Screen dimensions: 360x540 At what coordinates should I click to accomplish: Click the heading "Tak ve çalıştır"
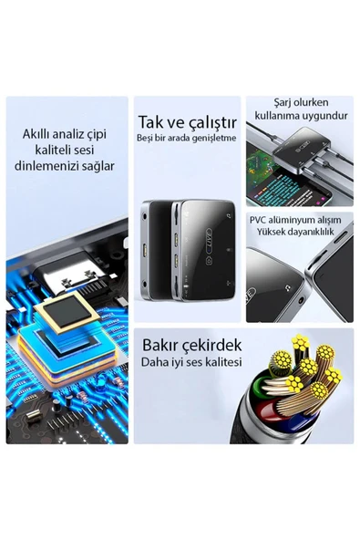pos(187,122)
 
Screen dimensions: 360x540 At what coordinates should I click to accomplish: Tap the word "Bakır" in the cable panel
pos(159,345)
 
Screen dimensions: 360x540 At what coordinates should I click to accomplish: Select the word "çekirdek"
pos(211,346)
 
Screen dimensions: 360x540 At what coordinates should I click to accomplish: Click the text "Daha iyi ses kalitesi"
pos(191,362)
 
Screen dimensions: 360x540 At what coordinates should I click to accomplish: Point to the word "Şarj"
pos(283,103)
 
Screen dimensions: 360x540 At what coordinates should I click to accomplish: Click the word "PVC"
pos(257,220)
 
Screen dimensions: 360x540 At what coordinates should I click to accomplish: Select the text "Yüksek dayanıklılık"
pos(295,232)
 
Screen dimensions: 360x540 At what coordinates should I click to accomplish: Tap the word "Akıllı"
pos(36,133)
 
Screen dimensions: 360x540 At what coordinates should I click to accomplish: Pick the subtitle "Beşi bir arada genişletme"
pos(187,138)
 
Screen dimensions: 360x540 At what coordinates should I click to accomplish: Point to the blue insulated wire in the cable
pos(299,424)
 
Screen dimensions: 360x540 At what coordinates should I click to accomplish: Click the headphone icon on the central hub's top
pos(229,216)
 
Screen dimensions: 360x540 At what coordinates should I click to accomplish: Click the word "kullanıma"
pos(277,116)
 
